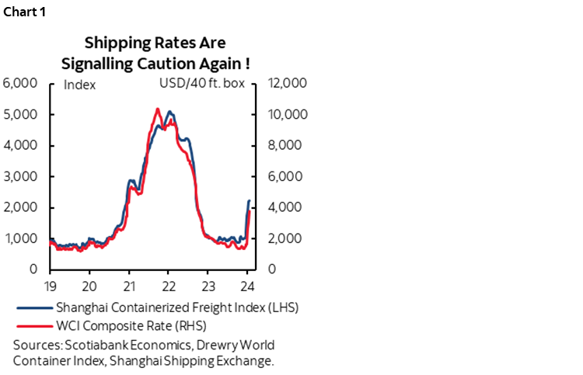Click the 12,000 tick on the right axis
(x=288, y=84)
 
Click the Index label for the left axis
(x=79, y=85)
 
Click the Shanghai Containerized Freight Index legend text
(x=177, y=307)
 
